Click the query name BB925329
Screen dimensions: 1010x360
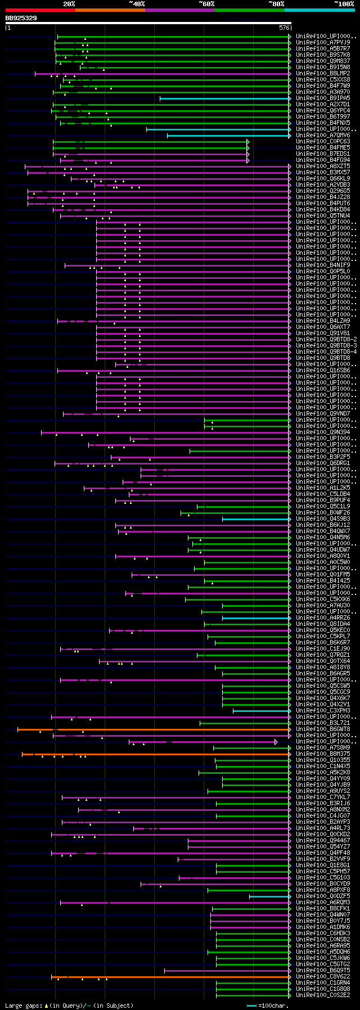(21, 18)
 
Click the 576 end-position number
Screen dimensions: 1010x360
(284, 27)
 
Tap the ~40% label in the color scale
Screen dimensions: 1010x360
(137, 4)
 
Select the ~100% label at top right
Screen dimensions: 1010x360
(344, 4)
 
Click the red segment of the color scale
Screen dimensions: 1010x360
(40, 10)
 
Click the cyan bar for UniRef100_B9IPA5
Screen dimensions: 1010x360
(225, 98)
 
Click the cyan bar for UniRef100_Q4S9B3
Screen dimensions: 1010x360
(256, 519)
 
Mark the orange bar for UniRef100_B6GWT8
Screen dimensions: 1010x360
(169, 729)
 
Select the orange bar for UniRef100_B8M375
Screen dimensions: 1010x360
(169, 754)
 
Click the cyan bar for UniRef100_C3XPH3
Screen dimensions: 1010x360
(262, 711)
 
